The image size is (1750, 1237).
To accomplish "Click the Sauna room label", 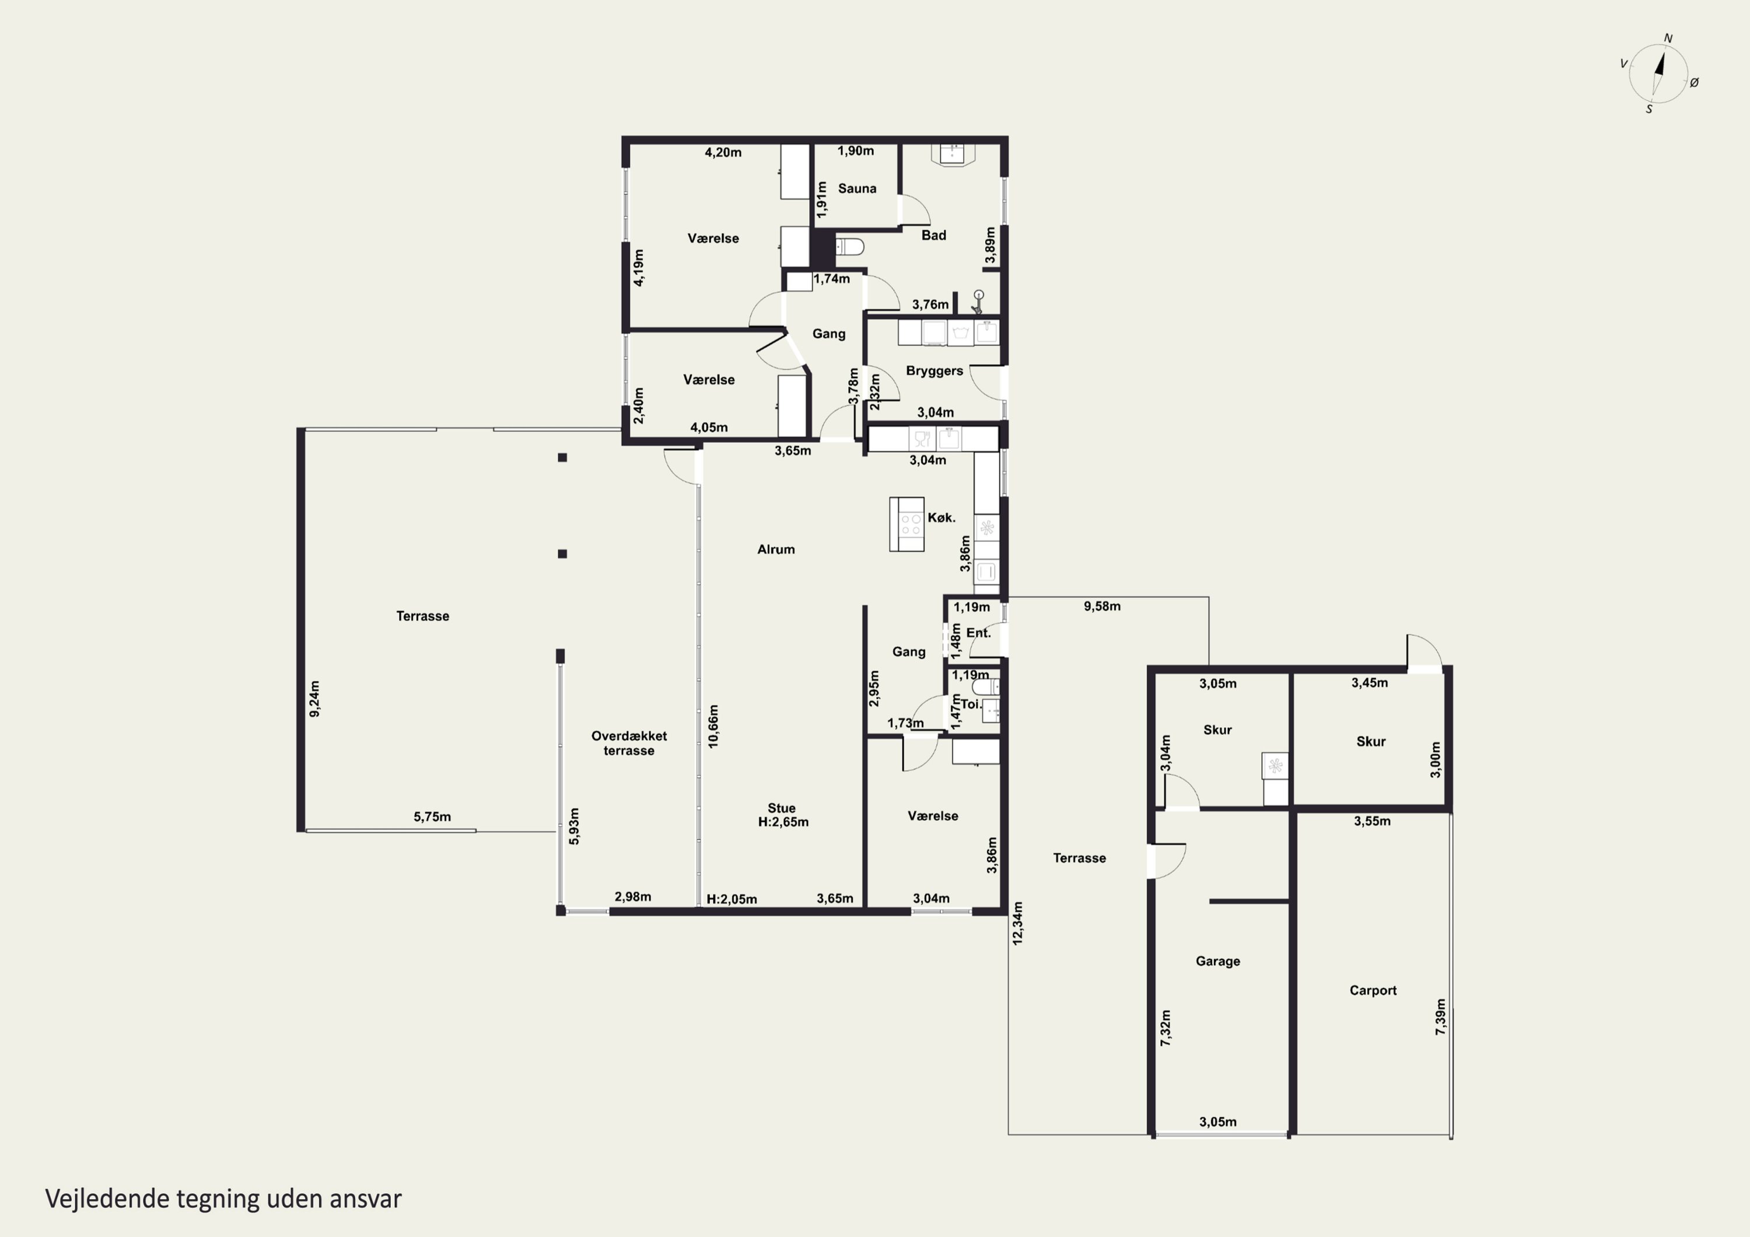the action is [857, 188].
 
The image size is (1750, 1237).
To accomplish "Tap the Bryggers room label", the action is [935, 371].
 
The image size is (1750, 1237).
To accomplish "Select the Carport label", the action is [1373, 991].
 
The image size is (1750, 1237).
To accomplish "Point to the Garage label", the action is [1217, 961].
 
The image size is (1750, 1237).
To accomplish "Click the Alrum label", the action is [776, 549].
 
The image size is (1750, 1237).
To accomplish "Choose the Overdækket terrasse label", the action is [629, 743].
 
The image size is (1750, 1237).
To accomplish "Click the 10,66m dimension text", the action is [713, 726].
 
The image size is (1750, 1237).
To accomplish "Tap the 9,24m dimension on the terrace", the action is [315, 698].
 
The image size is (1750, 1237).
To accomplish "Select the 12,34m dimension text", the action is [1017, 924].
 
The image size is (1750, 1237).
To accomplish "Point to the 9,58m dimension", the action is [1102, 607].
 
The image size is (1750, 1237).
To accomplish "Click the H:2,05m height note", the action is [731, 899].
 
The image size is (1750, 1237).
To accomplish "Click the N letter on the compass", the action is [1668, 38].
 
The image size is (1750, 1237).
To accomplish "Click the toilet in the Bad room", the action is [850, 247].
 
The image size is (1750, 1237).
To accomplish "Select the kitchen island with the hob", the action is [907, 524].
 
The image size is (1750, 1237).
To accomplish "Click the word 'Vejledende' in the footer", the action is [107, 1199].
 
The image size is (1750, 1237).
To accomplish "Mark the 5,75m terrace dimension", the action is [432, 817].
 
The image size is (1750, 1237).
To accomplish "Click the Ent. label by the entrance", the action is [979, 633].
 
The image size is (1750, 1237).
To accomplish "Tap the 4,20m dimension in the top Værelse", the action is [723, 152].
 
